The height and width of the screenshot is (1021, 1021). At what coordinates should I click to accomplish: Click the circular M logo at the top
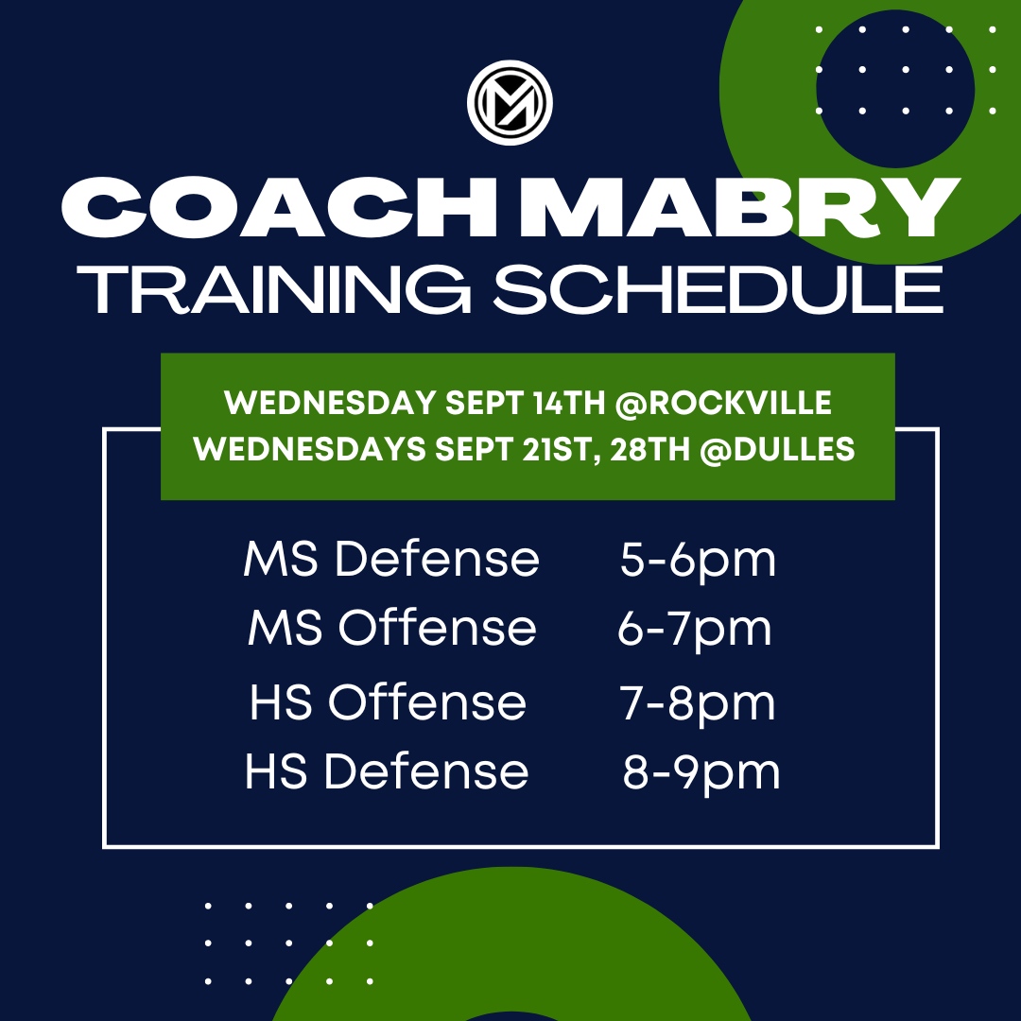[x=510, y=102]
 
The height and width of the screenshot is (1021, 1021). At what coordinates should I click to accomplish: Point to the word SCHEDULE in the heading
[x=718, y=287]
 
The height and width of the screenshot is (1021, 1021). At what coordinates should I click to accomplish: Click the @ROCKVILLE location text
[x=724, y=403]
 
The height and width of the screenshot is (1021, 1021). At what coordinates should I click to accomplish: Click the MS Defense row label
[x=390, y=560]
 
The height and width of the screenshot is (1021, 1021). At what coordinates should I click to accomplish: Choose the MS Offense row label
[x=391, y=629]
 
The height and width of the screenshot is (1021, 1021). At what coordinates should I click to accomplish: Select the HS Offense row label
[x=388, y=703]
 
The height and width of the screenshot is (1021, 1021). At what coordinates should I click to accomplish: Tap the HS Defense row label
[x=387, y=772]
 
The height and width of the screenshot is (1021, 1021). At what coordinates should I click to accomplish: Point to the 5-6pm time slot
[x=698, y=561]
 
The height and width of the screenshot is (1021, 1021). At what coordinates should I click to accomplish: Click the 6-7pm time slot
[x=695, y=630]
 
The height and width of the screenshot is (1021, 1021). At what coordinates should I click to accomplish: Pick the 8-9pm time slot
[x=701, y=773]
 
